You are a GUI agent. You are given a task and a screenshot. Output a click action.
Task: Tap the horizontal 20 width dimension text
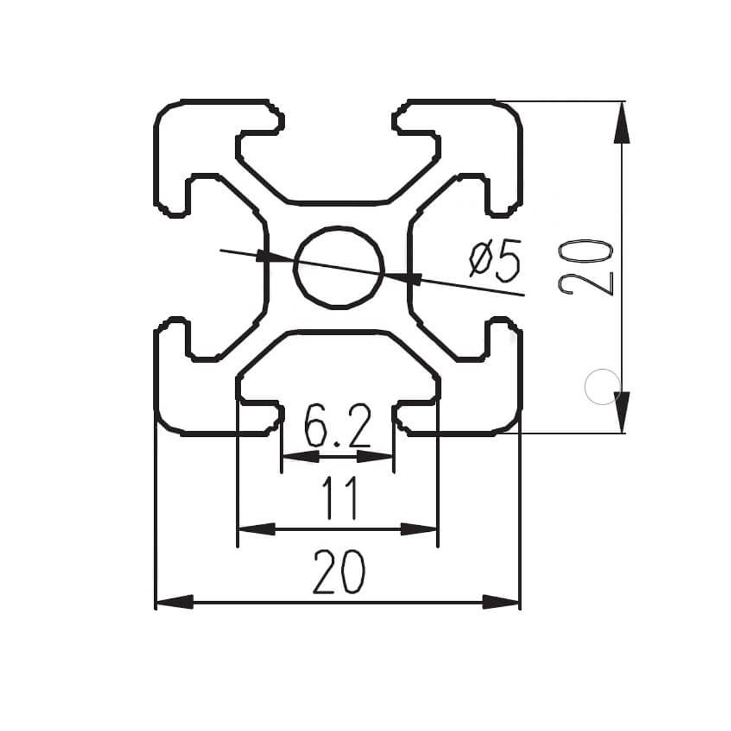[339, 572]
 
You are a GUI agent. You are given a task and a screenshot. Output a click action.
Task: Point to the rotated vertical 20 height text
[587, 267]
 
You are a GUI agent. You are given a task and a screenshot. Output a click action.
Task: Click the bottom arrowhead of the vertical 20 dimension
[621, 412]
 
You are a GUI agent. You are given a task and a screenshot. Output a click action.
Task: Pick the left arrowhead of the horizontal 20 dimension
[174, 602]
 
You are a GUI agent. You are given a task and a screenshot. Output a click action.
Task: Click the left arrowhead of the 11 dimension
[256, 528]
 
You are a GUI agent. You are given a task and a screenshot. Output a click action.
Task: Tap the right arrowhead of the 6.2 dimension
[375, 456]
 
